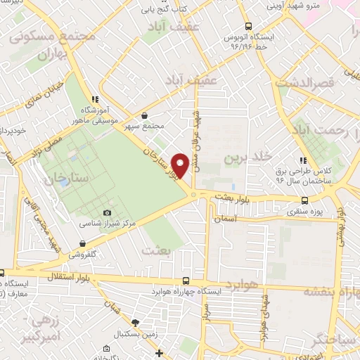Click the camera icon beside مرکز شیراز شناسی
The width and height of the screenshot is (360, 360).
coord(107,212)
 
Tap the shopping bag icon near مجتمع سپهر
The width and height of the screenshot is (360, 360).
coord(145,116)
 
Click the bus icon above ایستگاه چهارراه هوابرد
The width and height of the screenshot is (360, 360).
coord(186,279)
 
